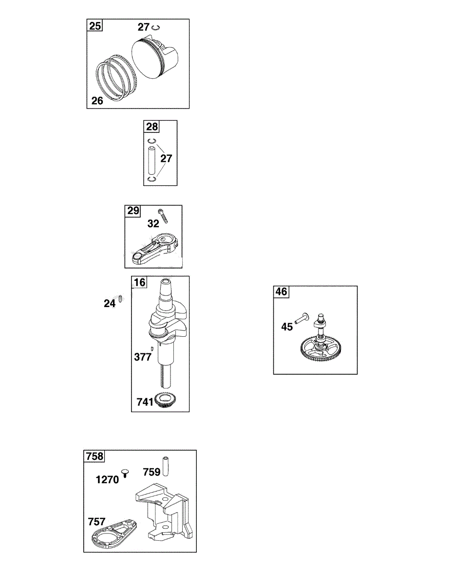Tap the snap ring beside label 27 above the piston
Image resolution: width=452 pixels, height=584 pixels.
pos(155,28)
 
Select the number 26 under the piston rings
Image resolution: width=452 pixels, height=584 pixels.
pos(97,101)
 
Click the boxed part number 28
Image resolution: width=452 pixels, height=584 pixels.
pos(152,127)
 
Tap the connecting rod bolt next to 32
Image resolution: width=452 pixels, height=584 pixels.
pos(163,216)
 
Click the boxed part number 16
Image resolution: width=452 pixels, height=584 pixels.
pos(140,282)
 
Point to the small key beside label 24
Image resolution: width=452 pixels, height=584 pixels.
pos(119,302)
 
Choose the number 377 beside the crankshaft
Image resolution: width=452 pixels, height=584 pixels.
pos(143,357)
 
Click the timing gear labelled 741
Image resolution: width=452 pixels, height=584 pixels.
pos(164,401)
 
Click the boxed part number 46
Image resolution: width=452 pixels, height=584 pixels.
pos(282,292)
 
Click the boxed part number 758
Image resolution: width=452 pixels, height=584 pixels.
pos(94,456)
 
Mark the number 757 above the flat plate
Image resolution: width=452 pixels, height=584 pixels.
pos(97,522)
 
